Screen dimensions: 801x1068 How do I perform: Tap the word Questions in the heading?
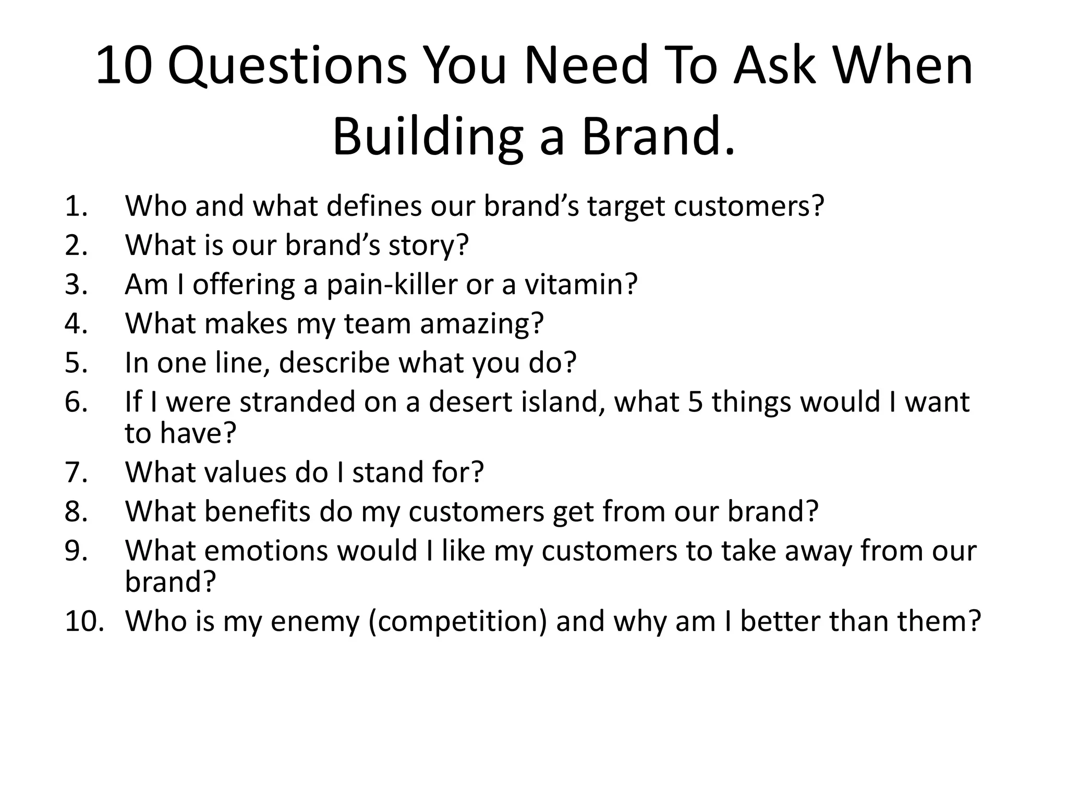[x=287, y=67]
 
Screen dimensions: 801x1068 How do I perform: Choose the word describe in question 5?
[x=334, y=363]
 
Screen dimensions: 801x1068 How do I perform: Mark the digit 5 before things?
[x=696, y=402]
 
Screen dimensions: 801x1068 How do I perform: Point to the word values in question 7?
[x=246, y=472]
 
